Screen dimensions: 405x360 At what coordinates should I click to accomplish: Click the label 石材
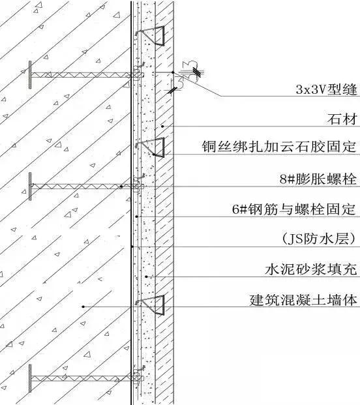343,120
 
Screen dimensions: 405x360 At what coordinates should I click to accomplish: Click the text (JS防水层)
315,239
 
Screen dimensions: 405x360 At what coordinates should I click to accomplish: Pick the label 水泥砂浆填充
311,269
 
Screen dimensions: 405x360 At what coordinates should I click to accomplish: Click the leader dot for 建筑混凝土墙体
83,307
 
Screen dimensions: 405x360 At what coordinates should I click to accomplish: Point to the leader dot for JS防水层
132,247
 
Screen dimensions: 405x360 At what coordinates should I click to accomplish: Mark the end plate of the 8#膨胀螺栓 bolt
30,186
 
